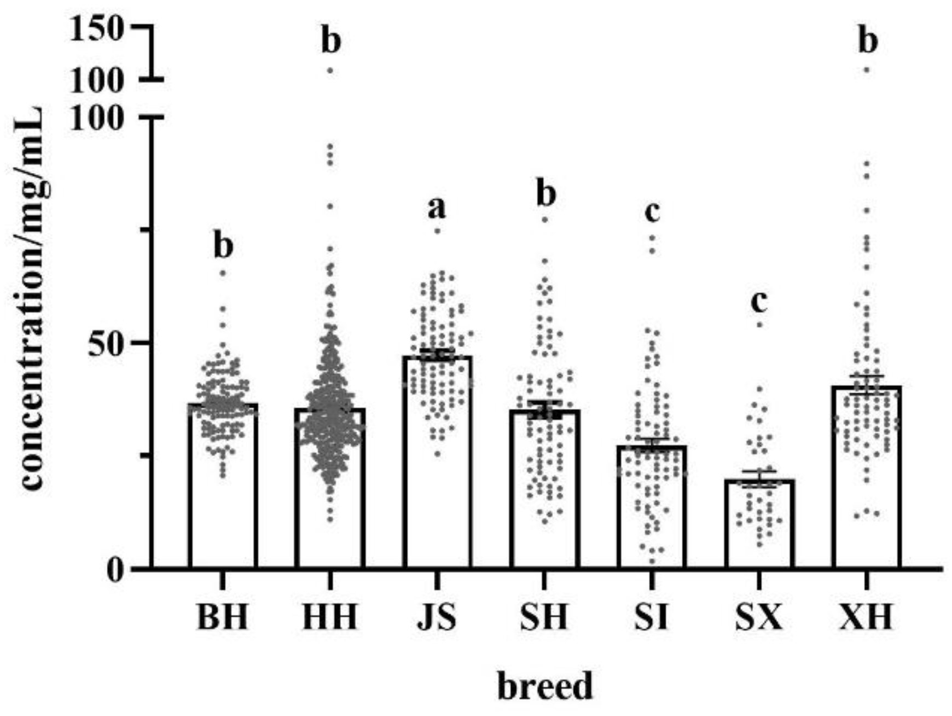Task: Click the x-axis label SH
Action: (544, 617)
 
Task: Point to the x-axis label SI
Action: (651, 617)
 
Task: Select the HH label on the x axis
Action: (330, 617)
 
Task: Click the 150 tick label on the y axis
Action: (98, 28)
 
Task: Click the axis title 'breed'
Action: (545, 686)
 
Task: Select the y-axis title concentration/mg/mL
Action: (33, 298)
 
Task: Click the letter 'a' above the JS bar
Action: (437, 209)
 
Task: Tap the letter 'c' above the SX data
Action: (759, 302)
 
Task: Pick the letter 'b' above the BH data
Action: (223, 246)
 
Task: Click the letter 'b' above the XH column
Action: (867, 42)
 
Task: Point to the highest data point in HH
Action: (330, 70)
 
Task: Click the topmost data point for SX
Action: (759, 325)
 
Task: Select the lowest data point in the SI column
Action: (652, 562)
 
